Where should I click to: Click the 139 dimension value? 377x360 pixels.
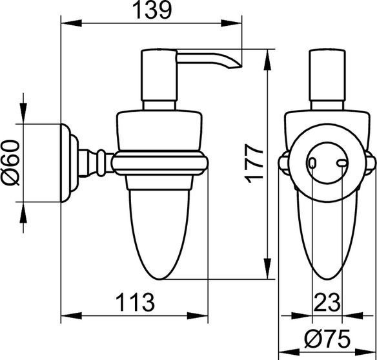click(x=152, y=10)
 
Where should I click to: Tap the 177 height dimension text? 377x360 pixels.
click(x=254, y=164)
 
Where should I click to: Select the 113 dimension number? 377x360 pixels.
click(x=135, y=302)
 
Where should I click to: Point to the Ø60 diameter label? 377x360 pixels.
click(x=10, y=163)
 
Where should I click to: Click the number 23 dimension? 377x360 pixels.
click(x=327, y=302)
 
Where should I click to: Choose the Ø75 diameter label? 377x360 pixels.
click(x=327, y=339)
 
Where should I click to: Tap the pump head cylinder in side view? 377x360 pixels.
click(x=159, y=75)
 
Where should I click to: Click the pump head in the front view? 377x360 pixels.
click(x=327, y=75)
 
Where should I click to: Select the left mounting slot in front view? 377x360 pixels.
click(x=312, y=164)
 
